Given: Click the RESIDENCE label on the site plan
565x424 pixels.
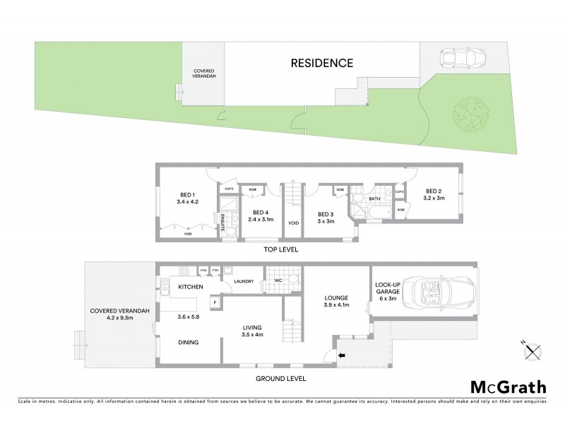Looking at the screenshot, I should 322,63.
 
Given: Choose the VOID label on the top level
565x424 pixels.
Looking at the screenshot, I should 293,223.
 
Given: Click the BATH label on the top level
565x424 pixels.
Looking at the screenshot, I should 374,199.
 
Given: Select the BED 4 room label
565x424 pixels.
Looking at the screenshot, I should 261,212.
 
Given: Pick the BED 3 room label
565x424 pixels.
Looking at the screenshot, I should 325,214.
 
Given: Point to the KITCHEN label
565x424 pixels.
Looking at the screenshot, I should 191,287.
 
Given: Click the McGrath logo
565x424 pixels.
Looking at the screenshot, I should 509,387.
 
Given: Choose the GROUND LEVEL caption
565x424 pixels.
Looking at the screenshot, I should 280,379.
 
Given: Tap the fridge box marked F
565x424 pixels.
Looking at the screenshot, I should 215,302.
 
